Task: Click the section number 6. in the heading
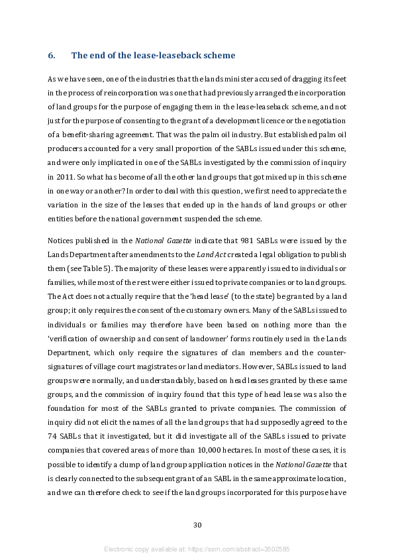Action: click(51, 55)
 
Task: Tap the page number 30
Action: click(197, 526)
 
